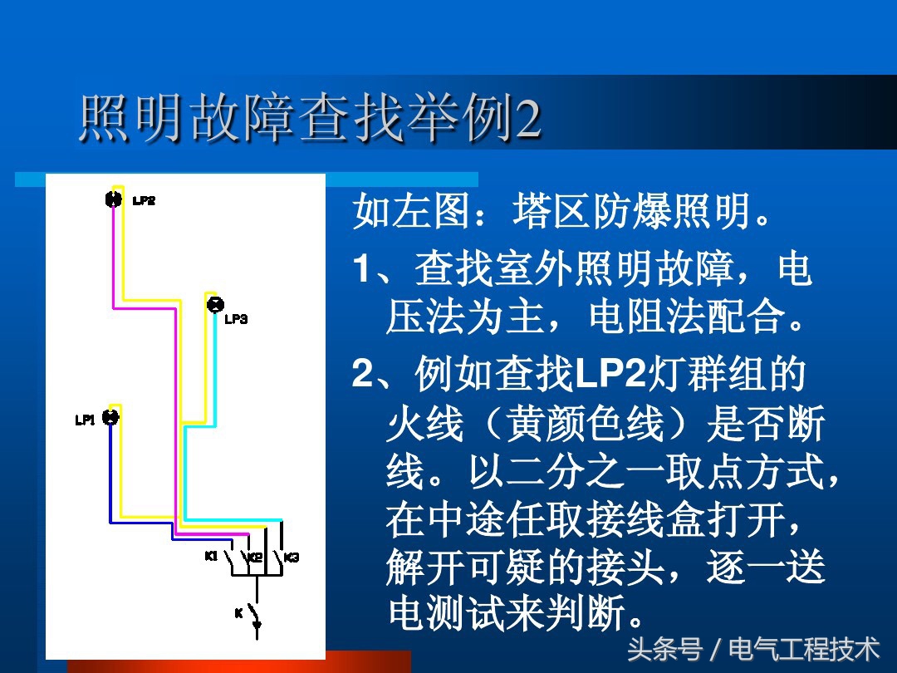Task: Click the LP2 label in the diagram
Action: click(144, 200)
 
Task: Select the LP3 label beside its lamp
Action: click(236, 319)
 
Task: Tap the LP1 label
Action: click(86, 420)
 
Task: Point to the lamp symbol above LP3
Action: click(214, 304)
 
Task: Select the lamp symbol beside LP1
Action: click(110, 418)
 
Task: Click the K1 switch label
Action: click(211, 556)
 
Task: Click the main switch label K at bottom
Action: click(238, 613)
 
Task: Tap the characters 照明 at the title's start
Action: click(133, 120)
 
